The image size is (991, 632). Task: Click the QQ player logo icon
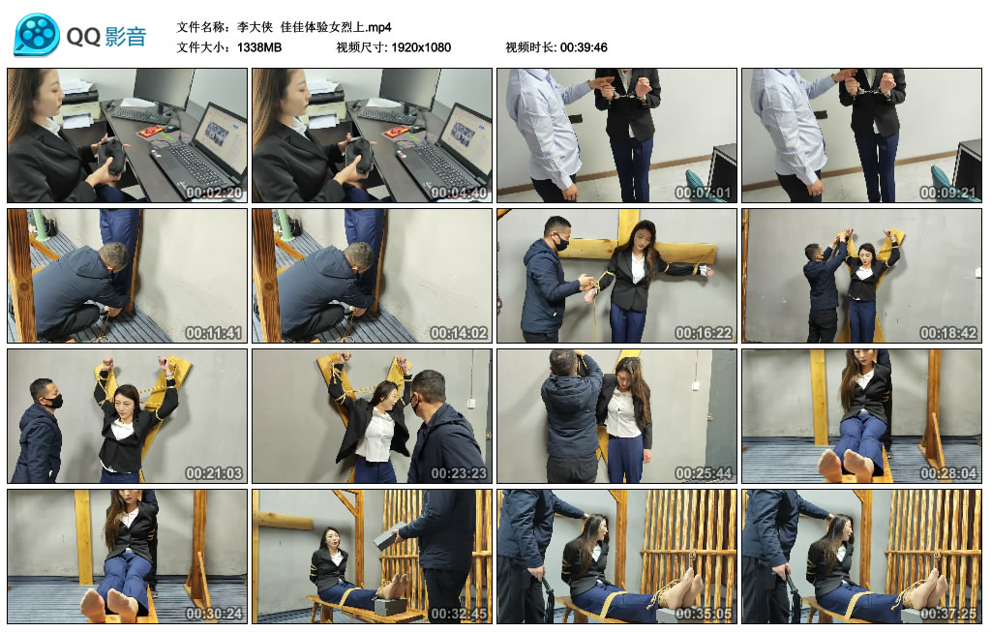tap(37, 35)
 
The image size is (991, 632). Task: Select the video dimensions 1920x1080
tap(421, 47)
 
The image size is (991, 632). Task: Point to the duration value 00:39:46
tap(584, 47)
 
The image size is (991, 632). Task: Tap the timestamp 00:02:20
tap(214, 193)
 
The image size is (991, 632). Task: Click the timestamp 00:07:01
tap(704, 193)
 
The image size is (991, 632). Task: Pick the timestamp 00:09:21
tap(948, 193)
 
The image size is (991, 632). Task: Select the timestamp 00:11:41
tap(214, 333)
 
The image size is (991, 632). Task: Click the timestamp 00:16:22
tap(704, 333)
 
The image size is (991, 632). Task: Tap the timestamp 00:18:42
tap(948, 333)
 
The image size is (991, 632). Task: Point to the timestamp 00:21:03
tap(214, 473)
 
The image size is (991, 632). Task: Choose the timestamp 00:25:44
tap(704, 473)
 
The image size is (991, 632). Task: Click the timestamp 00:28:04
tap(948, 473)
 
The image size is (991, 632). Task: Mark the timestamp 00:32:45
tap(459, 614)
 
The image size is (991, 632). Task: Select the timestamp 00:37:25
tap(948, 614)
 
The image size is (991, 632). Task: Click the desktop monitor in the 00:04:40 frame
tap(408, 86)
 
